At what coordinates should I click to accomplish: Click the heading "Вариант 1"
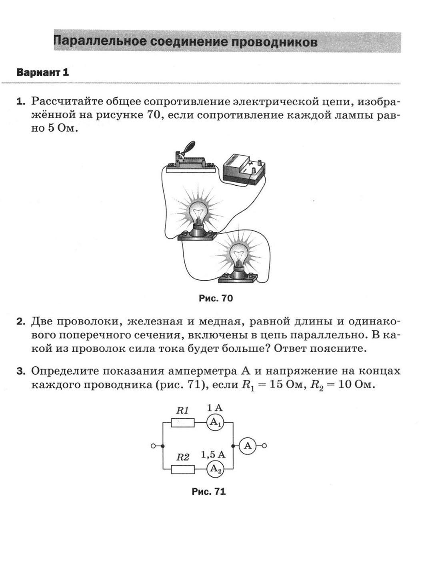[43, 72]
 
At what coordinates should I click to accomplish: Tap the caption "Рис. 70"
[216, 298]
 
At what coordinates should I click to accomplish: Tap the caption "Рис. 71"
[209, 492]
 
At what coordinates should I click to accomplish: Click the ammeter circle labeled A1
[216, 422]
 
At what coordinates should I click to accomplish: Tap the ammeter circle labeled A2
[216, 469]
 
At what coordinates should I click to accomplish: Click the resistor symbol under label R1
[183, 422]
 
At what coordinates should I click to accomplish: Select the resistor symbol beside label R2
[183, 469]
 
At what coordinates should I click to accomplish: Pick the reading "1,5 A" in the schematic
[213, 455]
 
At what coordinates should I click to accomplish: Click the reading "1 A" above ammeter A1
[214, 408]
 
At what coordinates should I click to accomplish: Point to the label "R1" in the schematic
[182, 410]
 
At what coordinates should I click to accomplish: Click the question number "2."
[21, 321]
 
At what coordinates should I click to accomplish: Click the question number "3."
[21, 371]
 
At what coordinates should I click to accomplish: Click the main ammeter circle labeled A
[248, 446]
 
